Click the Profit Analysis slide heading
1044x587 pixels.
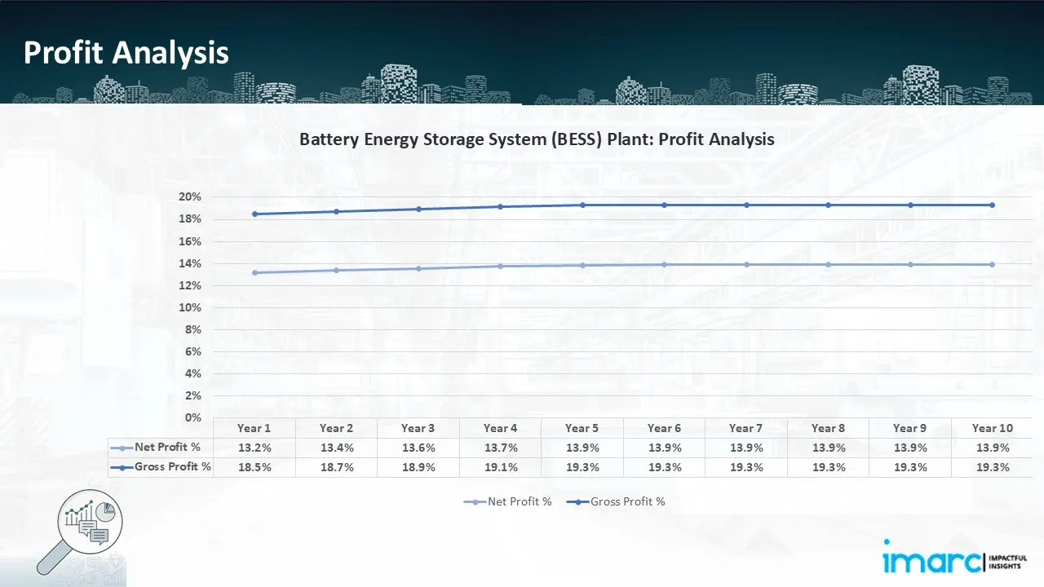tap(126, 53)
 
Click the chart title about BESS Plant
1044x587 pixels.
tap(537, 139)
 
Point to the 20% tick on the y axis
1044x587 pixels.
tap(190, 197)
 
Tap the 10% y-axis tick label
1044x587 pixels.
tap(190, 307)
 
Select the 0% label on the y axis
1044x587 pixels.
tap(193, 417)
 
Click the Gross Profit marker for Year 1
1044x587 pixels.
tap(254, 214)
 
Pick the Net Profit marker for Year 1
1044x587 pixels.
tap(254, 272)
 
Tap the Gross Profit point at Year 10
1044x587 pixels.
tap(992, 205)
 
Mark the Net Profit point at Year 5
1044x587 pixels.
tap(582, 265)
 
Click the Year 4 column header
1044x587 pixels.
tap(500, 428)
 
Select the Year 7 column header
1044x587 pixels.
tap(746, 428)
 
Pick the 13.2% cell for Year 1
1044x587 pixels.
tap(254, 448)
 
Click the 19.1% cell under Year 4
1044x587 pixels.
tap(500, 467)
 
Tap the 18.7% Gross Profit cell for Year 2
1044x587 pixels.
tap(336, 467)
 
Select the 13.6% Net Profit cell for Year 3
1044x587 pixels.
tap(418, 448)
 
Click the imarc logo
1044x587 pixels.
tap(932, 559)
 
